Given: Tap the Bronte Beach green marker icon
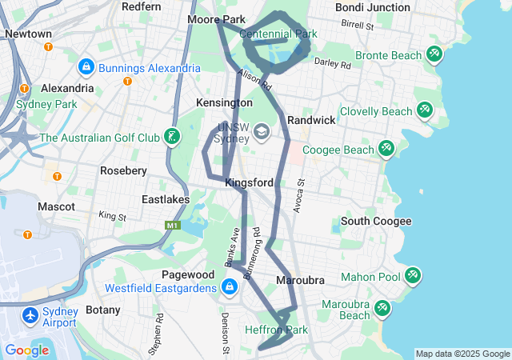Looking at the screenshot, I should tap(434, 54).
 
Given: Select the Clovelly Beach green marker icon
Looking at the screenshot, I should tap(424, 111).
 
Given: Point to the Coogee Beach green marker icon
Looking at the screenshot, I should tap(386, 149).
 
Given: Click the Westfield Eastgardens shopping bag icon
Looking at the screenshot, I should tap(230, 286).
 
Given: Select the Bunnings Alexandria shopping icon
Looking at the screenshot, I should tap(86, 67).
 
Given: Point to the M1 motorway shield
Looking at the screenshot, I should tap(171, 226).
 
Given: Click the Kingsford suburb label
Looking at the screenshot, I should tap(249, 182).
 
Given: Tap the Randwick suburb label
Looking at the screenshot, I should tap(311, 120).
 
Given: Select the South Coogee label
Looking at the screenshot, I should tap(376, 221).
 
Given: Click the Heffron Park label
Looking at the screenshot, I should tap(275, 330).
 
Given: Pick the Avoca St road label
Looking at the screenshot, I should tap(301, 194).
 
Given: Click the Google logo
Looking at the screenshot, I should tap(27, 350).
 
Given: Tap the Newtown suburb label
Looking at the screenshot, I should tap(28, 34).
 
